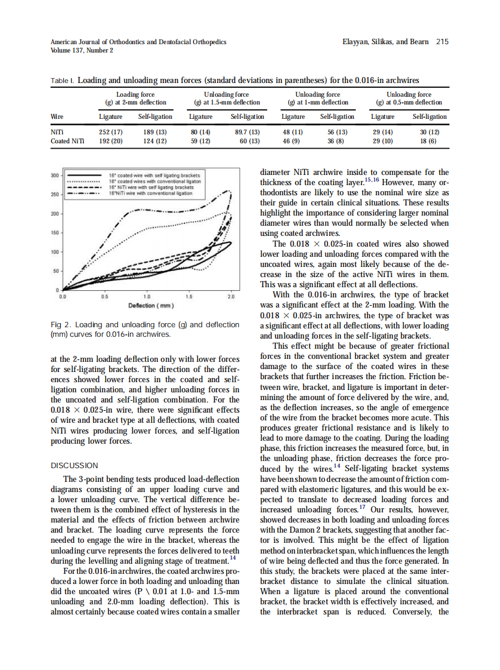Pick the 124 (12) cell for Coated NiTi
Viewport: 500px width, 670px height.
coord(155,141)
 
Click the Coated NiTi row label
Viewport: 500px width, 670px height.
coord(67,141)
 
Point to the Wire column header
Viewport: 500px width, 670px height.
coord(58,116)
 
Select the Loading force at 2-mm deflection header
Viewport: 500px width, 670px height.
coord(135,99)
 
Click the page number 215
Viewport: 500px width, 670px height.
coord(442,42)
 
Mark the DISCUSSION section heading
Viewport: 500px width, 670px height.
coord(75,465)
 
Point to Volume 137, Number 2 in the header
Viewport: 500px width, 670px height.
coord(82,50)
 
